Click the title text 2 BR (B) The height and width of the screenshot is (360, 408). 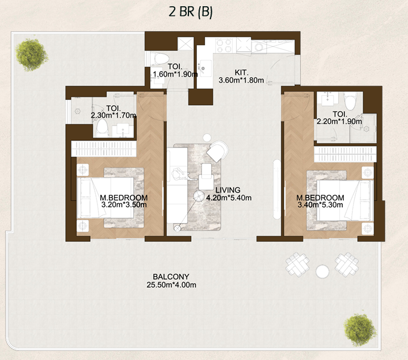190,12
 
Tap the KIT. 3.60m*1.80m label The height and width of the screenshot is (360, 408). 241,76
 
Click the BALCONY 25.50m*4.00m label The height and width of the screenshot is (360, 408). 171,280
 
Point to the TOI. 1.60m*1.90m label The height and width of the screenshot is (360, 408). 175,70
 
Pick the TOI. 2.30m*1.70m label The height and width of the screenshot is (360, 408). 113,111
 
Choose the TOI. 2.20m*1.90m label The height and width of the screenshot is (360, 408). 339,117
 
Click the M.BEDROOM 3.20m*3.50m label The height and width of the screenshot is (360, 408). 124,201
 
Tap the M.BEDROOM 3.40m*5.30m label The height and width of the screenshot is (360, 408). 319,201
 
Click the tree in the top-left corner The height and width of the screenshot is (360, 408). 28,53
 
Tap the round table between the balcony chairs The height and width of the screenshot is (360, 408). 322,270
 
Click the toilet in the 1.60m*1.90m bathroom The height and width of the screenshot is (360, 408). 159,59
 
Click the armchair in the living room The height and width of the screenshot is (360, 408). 216,150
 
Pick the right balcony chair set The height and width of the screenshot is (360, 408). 347,262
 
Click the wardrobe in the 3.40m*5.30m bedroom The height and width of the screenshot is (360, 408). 344,153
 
